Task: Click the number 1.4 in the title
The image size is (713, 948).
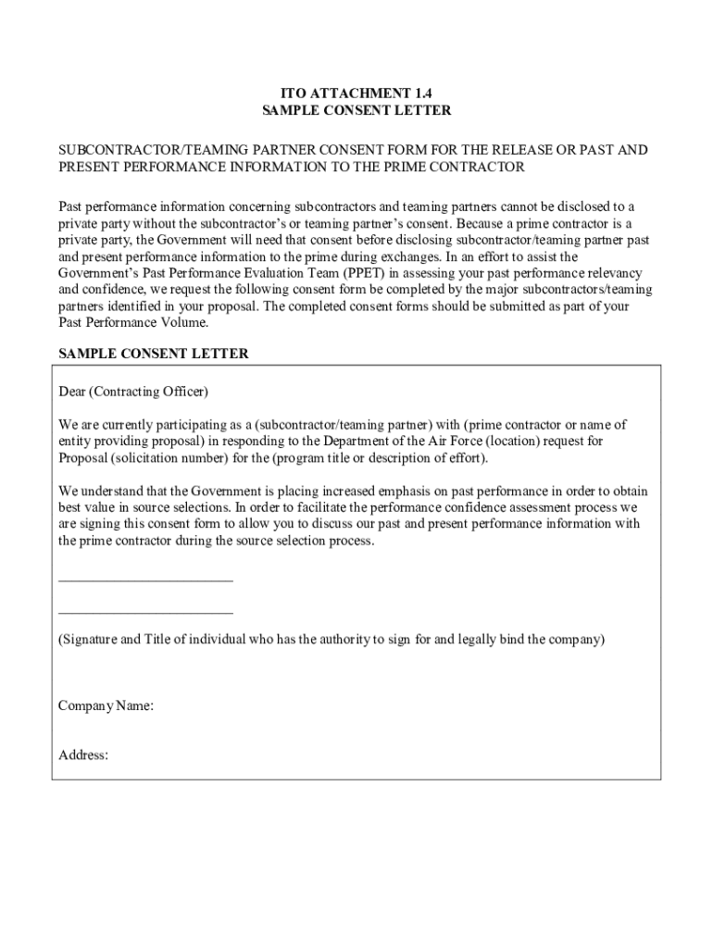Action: (421, 94)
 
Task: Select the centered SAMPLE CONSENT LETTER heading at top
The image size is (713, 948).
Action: (356, 111)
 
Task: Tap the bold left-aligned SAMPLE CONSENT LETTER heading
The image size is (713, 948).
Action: (154, 354)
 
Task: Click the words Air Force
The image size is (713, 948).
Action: (449, 442)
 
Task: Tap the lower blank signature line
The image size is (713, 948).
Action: (145, 612)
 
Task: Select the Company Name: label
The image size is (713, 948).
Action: (106, 706)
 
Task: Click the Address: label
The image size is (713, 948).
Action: (83, 755)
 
